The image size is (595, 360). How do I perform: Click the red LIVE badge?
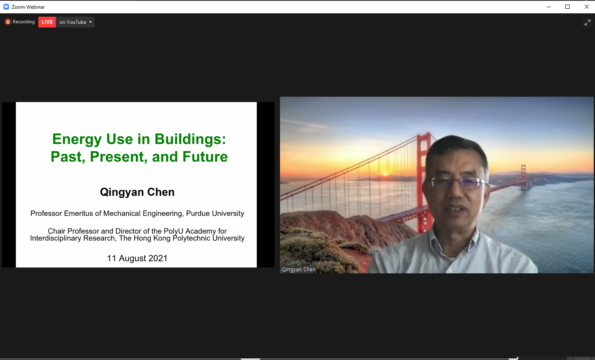coord(47,22)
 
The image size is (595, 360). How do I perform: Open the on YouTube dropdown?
coord(75,22)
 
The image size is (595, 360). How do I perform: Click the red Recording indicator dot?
coord(8,22)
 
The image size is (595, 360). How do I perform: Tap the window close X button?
coord(587,7)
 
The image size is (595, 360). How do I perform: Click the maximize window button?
coord(567,7)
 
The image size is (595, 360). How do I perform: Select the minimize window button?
coord(549,7)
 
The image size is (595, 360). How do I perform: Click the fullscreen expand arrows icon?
coord(587,22)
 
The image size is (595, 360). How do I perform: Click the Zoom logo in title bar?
coord(6,7)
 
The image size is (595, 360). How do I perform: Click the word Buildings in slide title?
coord(190,139)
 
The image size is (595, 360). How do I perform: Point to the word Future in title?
coord(205,157)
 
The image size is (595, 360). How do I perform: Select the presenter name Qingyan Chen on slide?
coord(137,192)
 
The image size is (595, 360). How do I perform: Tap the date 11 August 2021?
coord(137,258)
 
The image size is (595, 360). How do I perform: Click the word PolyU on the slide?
coord(173,231)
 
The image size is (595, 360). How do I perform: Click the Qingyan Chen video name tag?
coord(298,270)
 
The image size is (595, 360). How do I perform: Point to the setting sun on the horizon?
coord(385,174)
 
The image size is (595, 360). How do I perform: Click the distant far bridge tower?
coord(523,177)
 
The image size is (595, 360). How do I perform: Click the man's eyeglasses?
coord(458,183)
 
